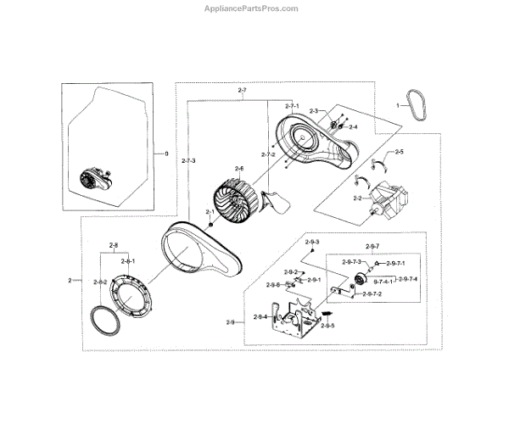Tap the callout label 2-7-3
pyautogui.click(x=188, y=160)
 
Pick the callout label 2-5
pyautogui.click(x=399, y=152)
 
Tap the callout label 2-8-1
pyautogui.click(x=127, y=261)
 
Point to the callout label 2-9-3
pyautogui.click(x=312, y=243)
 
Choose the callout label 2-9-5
pyautogui.click(x=328, y=326)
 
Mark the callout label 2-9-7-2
pyautogui.click(x=372, y=293)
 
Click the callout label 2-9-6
pyautogui.click(x=273, y=285)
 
